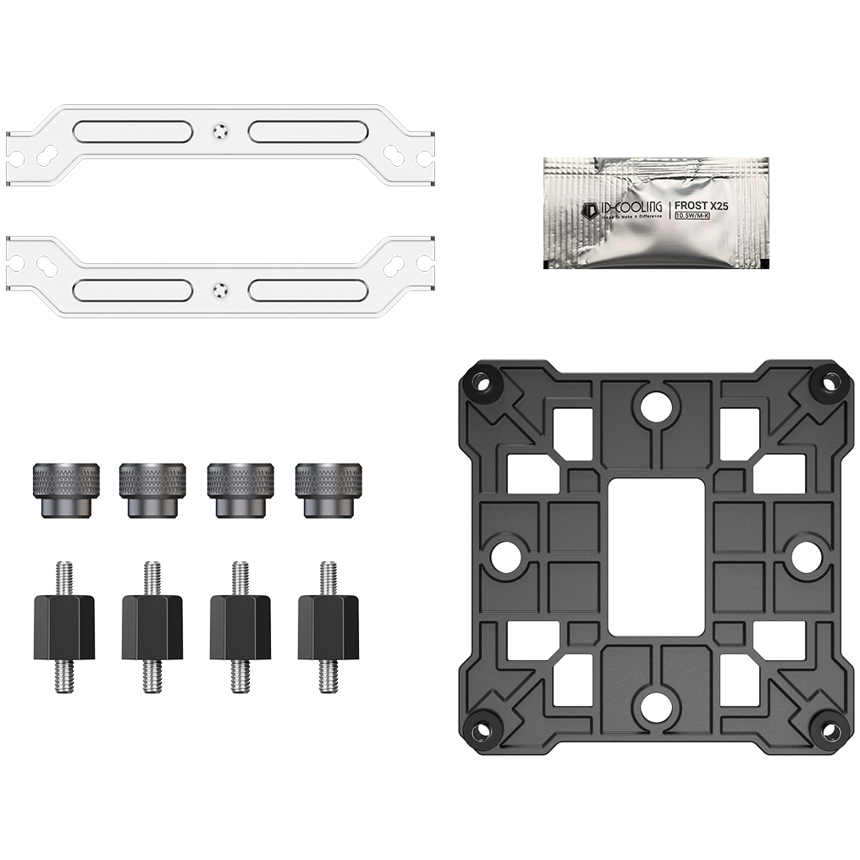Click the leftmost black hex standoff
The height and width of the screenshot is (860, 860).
click(63, 627)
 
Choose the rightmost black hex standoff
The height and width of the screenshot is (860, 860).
click(328, 627)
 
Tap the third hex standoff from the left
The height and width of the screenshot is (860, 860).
click(240, 627)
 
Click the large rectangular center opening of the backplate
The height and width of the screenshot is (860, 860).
click(656, 554)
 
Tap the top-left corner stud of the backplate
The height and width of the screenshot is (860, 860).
click(483, 381)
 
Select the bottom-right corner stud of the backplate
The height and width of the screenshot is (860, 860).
click(827, 729)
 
